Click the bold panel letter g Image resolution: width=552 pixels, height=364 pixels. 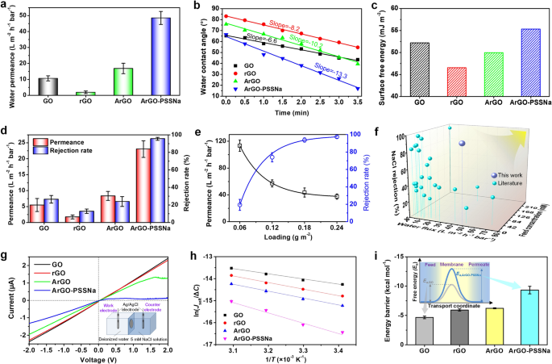pyautogui.click(x=5, y=256)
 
